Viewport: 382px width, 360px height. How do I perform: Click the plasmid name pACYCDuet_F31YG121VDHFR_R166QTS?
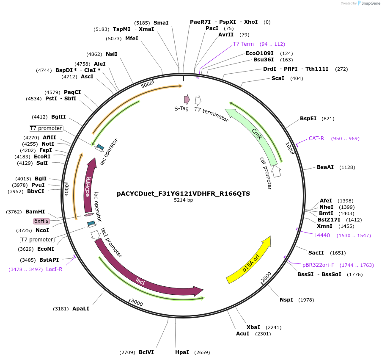click(183, 194)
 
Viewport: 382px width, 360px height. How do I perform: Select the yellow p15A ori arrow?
click(250, 260)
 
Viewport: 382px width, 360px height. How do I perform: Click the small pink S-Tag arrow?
click(187, 100)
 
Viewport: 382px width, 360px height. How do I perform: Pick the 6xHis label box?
click(41, 221)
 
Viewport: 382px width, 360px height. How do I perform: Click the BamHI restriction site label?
click(35, 212)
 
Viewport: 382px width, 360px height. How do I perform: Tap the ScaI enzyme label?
click(278, 78)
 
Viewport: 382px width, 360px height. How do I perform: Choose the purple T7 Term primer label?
click(243, 44)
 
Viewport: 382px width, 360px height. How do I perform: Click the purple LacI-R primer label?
click(54, 269)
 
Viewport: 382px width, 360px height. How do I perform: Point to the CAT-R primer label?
click(316, 138)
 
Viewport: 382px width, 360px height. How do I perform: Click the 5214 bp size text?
click(183, 200)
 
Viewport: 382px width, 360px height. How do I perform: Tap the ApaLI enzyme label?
click(81, 309)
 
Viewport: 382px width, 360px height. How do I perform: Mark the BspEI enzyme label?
click(308, 119)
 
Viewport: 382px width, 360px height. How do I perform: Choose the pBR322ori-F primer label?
click(318, 265)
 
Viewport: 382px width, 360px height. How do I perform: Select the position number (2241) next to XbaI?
click(273, 327)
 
